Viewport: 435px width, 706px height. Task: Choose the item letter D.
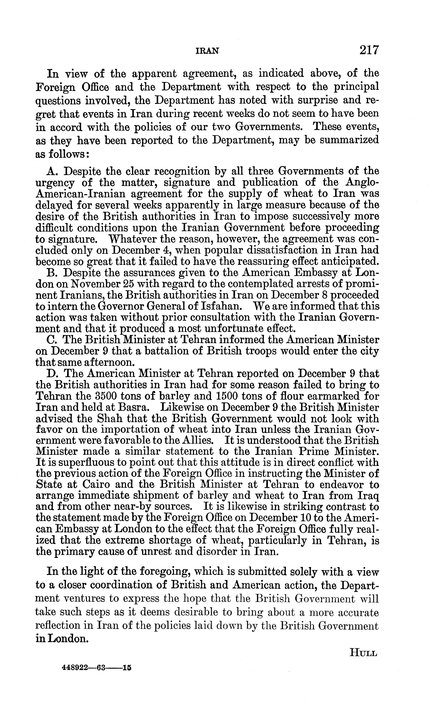[52, 374]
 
